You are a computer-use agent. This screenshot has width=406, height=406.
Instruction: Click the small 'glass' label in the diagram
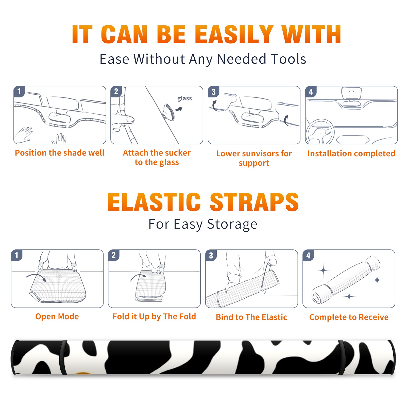(184, 98)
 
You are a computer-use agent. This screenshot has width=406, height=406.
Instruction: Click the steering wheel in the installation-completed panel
(320, 132)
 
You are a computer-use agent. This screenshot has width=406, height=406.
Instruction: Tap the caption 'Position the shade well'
(60, 153)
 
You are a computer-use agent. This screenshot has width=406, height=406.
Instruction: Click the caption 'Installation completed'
(351, 154)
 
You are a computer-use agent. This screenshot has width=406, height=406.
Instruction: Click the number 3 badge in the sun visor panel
(213, 92)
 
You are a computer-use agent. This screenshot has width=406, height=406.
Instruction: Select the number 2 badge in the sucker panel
(116, 91)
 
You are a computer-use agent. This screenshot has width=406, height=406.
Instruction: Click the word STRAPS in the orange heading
(254, 202)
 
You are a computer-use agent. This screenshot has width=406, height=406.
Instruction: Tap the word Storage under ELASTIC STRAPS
(232, 224)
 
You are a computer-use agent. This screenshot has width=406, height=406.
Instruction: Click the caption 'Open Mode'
(57, 316)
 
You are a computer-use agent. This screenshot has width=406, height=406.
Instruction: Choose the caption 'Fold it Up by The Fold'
(154, 317)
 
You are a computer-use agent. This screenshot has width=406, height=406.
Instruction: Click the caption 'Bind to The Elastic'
(251, 317)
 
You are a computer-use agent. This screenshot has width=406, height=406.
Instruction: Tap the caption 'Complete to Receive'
(349, 317)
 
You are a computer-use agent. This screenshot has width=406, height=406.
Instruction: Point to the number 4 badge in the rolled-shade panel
(308, 255)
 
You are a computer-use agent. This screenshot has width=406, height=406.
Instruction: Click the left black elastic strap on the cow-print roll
(63, 357)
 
